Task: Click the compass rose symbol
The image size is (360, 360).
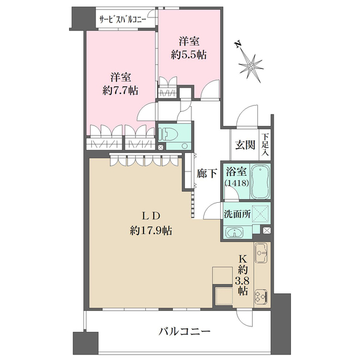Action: point(250,67)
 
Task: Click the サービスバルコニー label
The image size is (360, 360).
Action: point(122,20)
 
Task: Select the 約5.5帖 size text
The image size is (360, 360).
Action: point(189,55)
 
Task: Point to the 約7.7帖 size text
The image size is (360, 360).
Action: point(121,91)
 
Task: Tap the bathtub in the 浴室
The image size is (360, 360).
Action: point(260,181)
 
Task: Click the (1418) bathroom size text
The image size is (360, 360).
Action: point(237,183)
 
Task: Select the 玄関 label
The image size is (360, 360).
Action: point(245,145)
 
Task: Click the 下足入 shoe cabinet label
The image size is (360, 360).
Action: point(265,145)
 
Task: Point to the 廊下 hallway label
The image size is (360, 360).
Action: point(207,173)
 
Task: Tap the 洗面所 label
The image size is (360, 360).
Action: point(237,214)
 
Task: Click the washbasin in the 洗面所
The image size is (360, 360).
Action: point(234,233)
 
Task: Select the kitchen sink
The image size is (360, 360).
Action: point(261,253)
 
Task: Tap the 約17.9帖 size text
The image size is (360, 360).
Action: point(151,230)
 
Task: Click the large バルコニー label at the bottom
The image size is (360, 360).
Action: point(185,332)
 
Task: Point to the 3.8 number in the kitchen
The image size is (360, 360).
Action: point(242,281)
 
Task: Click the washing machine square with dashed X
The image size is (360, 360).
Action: point(260,214)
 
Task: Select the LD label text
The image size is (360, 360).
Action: point(151,216)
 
